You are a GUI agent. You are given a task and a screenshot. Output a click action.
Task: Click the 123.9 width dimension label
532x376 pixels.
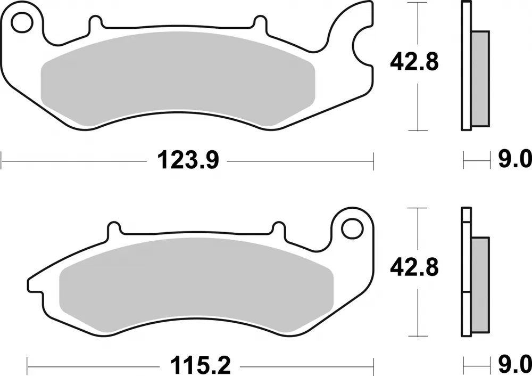[187, 160]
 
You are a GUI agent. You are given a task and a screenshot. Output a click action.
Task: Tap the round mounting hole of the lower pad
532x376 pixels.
[351, 228]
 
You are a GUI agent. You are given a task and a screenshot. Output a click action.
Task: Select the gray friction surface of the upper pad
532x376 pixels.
[179, 83]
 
